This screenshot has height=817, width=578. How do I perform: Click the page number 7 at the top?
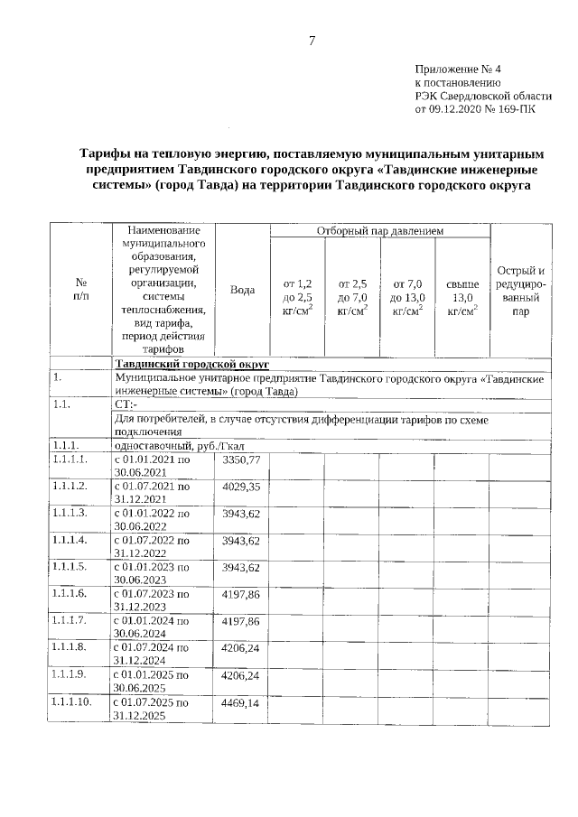pyautogui.click(x=312, y=41)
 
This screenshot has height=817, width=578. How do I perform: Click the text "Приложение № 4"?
pyautogui.click(x=457, y=70)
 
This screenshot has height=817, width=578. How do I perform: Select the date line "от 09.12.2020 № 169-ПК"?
pyautogui.click(x=474, y=110)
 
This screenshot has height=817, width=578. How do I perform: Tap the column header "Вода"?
pyautogui.click(x=241, y=290)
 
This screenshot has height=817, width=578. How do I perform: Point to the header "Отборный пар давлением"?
pyautogui.click(x=379, y=232)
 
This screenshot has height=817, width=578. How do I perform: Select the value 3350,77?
pyautogui.click(x=241, y=460)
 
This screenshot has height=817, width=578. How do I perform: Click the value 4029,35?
pyautogui.click(x=241, y=487)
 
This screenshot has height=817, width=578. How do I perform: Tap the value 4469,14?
pyautogui.click(x=241, y=701)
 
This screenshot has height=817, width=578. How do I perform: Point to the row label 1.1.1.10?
pyautogui.click(x=73, y=701)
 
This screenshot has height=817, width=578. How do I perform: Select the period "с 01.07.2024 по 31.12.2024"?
pyautogui.click(x=151, y=654)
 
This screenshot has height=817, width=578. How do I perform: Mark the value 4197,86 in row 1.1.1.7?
pyautogui.click(x=241, y=621)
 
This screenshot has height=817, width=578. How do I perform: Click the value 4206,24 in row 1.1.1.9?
pyautogui.click(x=241, y=674)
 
